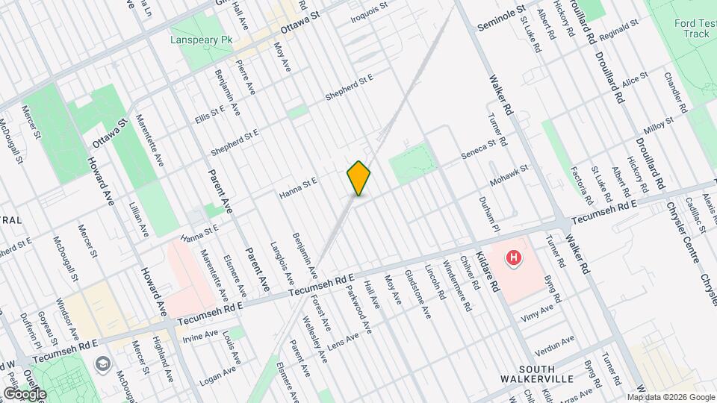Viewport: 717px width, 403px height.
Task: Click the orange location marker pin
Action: tap(358, 178)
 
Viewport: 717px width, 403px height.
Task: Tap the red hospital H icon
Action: tap(513, 259)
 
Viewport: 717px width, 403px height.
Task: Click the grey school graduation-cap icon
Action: tap(102, 363)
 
